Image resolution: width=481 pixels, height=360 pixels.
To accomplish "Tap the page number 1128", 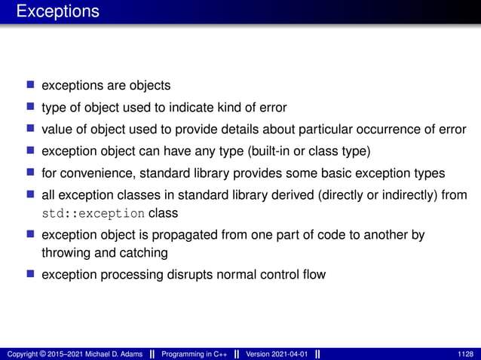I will [x=465, y=353].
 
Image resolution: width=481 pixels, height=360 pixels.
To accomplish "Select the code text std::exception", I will [x=93, y=213].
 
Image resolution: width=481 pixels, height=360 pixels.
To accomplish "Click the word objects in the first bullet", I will [x=150, y=85].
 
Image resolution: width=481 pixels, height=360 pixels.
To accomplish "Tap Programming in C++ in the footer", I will [x=195, y=353].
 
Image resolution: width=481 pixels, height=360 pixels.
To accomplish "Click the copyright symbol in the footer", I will [x=47, y=353].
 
